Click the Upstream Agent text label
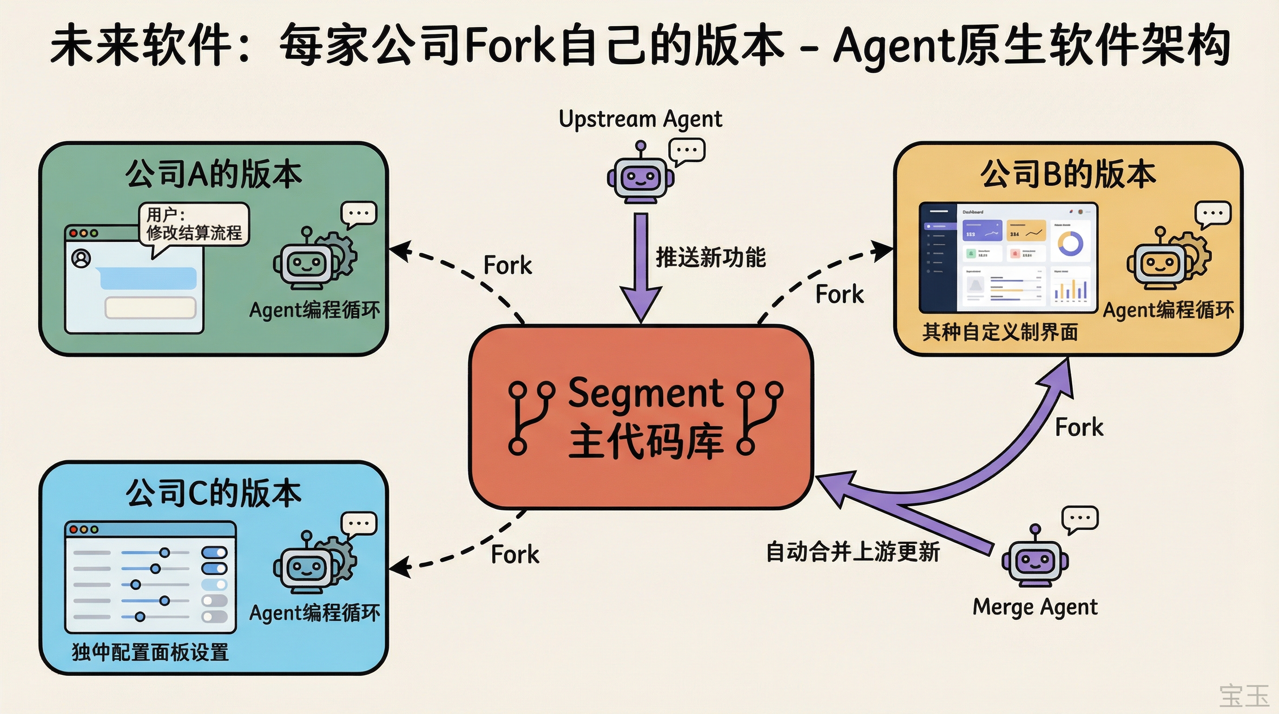coord(640,119)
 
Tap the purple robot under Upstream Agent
coord(640,176)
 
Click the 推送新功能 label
coord(711,257)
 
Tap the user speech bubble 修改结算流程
coord(194,225)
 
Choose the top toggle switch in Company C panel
coord(214,552)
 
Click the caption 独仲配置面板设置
coord(151,652)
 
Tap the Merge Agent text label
coord(1035,607)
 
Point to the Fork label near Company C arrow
coord(514,554)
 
